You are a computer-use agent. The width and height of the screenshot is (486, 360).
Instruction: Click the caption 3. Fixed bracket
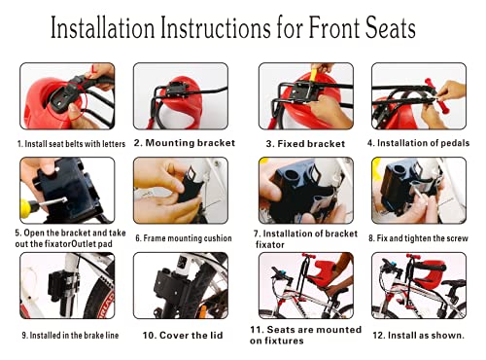(x=305, y=143)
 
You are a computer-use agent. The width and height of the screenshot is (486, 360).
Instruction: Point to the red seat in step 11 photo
(x=312, y=270)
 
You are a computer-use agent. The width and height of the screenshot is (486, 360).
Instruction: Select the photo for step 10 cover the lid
(x=181, y=286)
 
